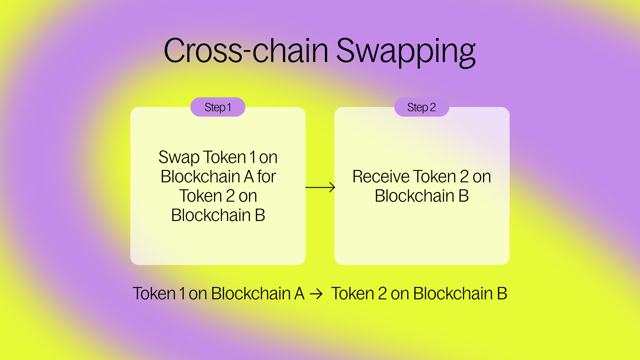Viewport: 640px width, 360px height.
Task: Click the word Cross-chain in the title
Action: tap(246, 51)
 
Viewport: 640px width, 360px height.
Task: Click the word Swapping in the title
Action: tap(406, 52)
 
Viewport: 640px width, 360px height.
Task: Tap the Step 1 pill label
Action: tap(218, 107)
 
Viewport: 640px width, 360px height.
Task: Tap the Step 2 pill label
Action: tap(421, 107)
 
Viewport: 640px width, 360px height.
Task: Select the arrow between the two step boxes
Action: tap(320, 187)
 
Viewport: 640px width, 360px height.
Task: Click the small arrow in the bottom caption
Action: tap(316, 294)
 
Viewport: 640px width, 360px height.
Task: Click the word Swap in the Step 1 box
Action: tap(179, 158)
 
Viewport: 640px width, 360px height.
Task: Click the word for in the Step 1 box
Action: tap(266, 177)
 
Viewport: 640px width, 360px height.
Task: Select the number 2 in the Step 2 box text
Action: tap(464, 177)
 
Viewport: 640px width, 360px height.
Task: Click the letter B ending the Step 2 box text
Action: tap(464, 196)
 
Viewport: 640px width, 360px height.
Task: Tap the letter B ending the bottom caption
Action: tap(502, 294)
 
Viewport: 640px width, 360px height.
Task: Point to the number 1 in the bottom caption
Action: tap(182, 294)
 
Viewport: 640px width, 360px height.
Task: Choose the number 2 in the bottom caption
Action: tap(382, 294)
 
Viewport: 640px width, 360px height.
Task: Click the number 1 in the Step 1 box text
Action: tap(253, 157)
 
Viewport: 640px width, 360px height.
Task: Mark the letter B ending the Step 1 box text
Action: tap(260, 215)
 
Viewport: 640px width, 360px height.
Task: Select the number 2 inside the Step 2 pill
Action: tap(433, 107)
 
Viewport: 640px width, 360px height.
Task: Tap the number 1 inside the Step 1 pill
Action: tap(229, 107)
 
